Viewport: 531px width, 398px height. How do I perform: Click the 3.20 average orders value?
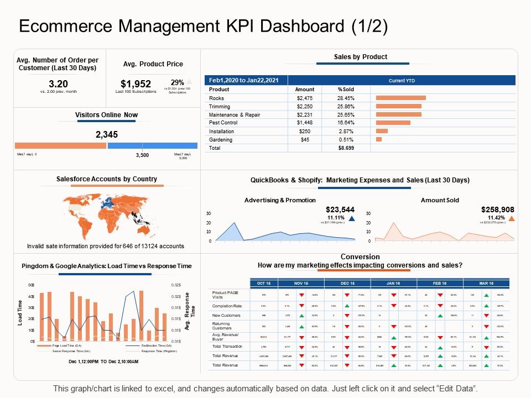[58, 83]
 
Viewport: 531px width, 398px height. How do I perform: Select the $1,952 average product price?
[136, 83]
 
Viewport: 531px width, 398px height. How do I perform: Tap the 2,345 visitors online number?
[106, 134]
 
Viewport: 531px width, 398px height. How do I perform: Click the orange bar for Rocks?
[400, 98]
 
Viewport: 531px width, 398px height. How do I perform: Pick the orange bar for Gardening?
[379, 140]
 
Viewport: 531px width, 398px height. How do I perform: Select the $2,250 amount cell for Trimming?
[305, 106]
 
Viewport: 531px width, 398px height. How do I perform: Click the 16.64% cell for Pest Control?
[346, 123]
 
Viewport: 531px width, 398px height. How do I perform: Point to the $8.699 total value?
[346, 148]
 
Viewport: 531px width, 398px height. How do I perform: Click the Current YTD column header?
[402, 80]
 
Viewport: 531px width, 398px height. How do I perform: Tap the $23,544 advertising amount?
[341, 210]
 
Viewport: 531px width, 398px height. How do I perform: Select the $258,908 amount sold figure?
[497, 210]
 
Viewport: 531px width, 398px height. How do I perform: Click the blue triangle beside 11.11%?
[352, 218]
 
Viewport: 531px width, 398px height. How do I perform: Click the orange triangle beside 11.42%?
[511, 218]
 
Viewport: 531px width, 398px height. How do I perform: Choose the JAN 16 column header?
[393, 283]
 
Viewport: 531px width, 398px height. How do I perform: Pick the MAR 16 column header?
[486, 283]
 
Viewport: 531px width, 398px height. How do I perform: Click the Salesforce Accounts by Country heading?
[107, 179]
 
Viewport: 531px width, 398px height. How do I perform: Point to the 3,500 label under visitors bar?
[143, 156]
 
